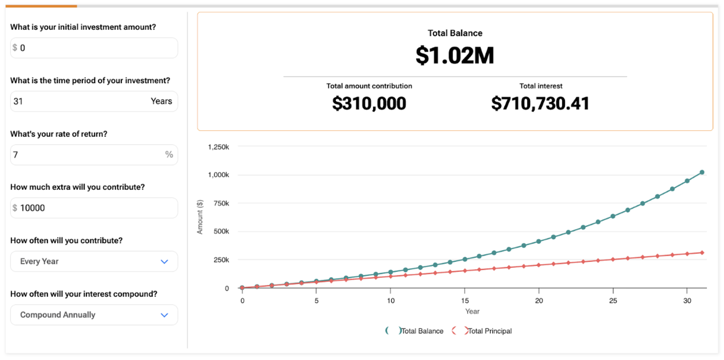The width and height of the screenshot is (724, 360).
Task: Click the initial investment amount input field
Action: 94,48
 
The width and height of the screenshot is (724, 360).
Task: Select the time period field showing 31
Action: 81,101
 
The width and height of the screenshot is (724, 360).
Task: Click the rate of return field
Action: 87,155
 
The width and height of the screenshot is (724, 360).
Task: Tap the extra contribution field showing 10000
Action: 94,208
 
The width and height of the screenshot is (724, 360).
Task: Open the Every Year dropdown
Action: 94,262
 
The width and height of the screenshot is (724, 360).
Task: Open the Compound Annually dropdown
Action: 94,315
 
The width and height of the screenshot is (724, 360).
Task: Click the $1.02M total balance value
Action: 455,55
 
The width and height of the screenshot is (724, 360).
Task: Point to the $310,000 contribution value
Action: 369,103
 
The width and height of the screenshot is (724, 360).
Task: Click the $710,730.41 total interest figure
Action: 540,103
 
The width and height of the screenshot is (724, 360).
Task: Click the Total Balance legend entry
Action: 421,331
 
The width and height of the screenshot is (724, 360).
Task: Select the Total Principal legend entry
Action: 489,331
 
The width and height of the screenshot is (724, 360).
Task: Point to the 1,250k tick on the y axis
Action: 218,147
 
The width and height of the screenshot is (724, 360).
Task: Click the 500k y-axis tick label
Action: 221,231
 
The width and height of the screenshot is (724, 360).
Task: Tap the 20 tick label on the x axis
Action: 539,301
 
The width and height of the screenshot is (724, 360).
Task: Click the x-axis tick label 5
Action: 316,301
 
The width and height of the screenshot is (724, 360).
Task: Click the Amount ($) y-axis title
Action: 200,217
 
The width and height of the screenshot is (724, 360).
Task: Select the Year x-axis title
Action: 472,312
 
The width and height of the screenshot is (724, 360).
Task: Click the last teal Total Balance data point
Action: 702,172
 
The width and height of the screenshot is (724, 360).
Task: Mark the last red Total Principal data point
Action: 702,253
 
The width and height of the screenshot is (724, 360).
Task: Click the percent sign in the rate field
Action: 169,155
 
